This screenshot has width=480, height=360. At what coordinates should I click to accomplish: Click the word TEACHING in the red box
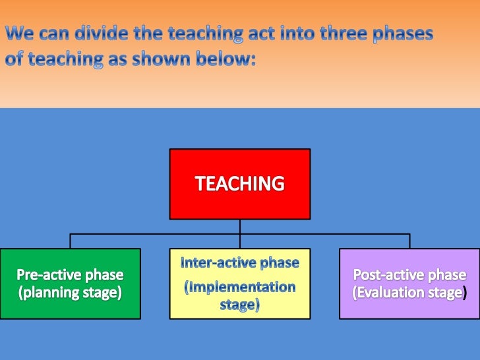point(240,184)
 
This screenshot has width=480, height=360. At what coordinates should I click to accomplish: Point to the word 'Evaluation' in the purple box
point(389,292)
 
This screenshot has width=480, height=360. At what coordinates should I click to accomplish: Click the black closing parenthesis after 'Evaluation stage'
point(465,293)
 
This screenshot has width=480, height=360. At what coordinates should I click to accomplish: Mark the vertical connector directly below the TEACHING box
point(240,226)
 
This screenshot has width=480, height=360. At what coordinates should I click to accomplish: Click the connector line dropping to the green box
point(71,241)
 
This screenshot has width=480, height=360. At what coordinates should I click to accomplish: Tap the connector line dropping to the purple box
point(409,241)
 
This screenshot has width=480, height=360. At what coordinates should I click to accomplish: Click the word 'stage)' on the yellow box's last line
point(239,305)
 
